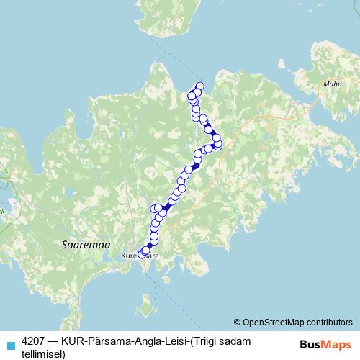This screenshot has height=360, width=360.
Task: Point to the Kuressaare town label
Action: click(140, 256)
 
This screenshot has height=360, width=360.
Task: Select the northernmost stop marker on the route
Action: click(200, 86)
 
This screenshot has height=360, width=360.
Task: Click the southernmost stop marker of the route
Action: click(142, 253)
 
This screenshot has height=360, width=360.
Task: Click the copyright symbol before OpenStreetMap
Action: click(237, 323)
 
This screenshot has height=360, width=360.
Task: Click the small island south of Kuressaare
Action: click(147, 310)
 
